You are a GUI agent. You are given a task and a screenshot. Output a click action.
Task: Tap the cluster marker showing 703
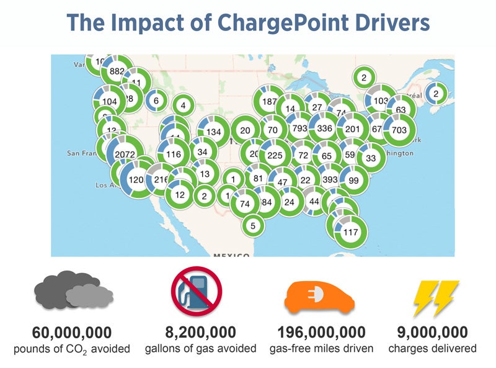tap(399, 130)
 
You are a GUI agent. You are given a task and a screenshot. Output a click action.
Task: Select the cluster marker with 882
tap(117, 71)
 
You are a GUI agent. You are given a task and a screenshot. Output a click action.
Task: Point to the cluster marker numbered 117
tap(350, 232)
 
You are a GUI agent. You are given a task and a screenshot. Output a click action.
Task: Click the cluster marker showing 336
tap(325, 128)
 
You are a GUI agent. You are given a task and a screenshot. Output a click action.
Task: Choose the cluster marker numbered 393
tap(330, 179)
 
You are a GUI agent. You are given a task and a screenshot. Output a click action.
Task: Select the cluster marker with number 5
tap(252, 226)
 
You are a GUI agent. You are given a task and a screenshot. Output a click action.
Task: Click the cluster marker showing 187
tap(269, 102)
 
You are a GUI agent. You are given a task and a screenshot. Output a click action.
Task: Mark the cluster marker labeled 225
tap(275, 155)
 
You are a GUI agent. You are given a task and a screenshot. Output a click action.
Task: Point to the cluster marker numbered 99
tap(353, 181)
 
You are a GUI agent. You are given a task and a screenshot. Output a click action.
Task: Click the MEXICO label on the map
tap(231, 254)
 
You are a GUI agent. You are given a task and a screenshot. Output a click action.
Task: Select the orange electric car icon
tap(321, 296)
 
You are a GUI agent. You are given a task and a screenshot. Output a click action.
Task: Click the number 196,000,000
tap(321, 331)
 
